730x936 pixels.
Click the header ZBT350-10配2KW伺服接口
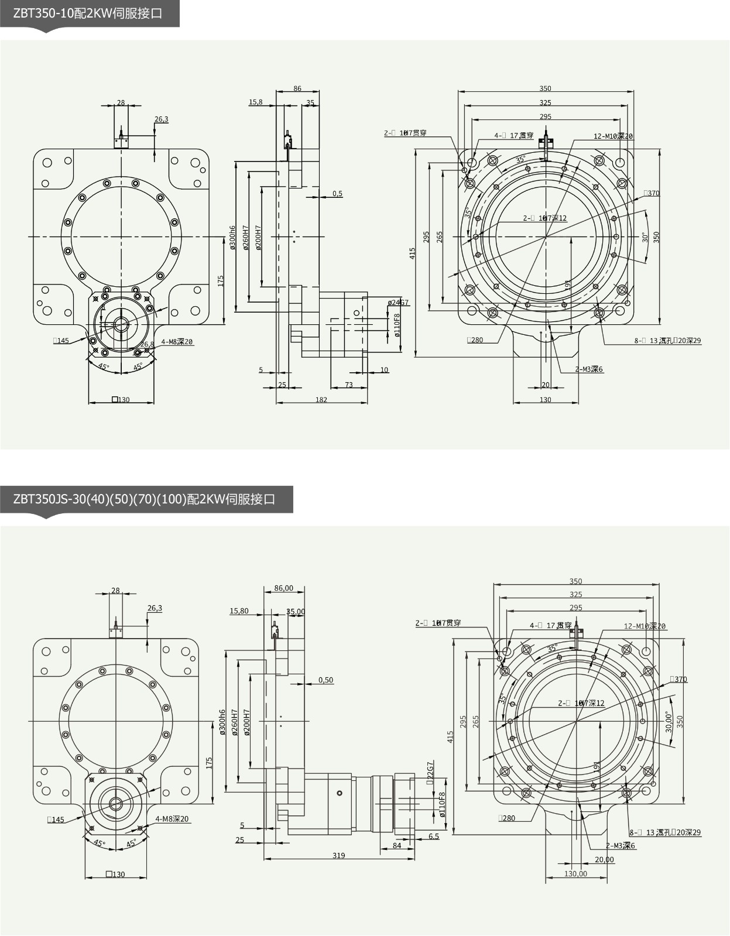pos(87,13)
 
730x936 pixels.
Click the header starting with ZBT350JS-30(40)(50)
pos(144,499)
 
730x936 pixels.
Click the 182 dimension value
pos(321,400)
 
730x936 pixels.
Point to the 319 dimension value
pos(338,855)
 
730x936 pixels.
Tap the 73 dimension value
pos(349,385)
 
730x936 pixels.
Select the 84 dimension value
pos(397,845)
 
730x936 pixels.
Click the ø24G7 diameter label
pos(398,303)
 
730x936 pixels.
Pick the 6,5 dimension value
pos(433,836)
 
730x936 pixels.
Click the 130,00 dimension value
pos(575,874)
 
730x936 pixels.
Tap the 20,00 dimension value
pos(604,859)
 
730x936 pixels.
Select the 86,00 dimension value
pos(284,588)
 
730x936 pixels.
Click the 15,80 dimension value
pos(239,611)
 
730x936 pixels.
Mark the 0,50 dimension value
pos(325,680)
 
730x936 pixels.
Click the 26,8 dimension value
pos(147,344)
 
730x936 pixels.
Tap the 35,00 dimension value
pos(296,612)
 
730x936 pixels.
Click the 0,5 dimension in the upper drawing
pos(337,194)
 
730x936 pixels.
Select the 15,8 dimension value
pos(256,102)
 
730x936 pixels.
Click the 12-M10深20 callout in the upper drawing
pos(613,136)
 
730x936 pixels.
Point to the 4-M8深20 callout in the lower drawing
pos(172,819)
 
